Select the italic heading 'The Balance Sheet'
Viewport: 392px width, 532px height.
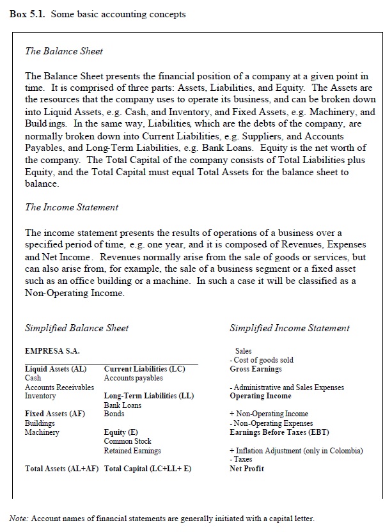pos(63,51)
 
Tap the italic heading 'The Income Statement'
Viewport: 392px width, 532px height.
pos(71,207)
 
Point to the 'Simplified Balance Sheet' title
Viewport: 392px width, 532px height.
pos(76,328)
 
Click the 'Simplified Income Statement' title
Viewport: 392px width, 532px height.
pos(289,328)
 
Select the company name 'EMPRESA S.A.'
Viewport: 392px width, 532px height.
pos(52,350)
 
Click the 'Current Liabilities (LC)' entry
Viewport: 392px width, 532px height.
pos(144,369)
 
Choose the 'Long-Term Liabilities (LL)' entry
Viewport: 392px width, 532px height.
pos(148,396)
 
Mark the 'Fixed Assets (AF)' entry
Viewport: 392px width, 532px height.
pos(54,414)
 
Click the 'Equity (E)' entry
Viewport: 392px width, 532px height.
pos(120,432)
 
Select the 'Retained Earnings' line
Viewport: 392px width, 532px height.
pos(132,451)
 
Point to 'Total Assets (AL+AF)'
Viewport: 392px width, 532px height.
pos(61,469)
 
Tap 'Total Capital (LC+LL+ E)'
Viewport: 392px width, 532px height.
pos(148,469)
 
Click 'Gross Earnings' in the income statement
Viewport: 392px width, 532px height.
pos(256,369)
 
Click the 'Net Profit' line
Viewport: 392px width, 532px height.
pos(246,469)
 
